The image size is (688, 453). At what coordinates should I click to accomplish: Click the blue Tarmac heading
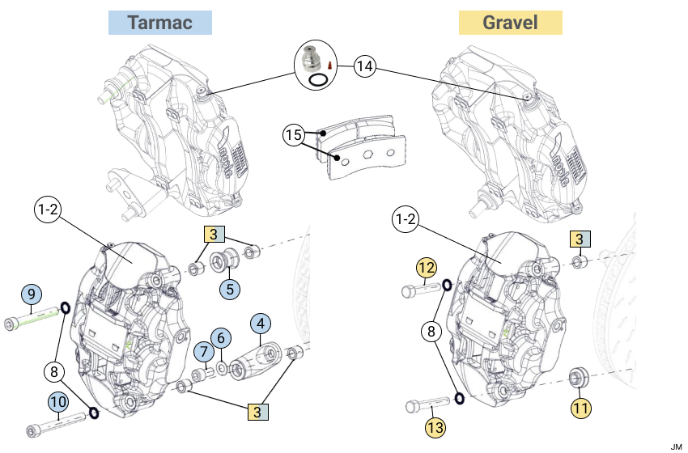[x=160, y=23]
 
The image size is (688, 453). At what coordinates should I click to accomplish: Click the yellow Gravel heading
[x=510, y=23]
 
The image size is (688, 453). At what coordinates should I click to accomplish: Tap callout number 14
[x=365, y=67]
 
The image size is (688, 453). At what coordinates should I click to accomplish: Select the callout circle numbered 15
[x=293, y=135]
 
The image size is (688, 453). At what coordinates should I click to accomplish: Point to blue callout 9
[x=30, y=293]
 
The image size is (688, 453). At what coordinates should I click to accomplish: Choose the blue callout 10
[x=57, y=401]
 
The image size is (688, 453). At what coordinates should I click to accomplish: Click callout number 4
[x=260, y=325]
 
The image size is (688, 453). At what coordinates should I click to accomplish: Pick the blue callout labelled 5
[x=230, y=287]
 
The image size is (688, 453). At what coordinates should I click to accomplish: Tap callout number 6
[x=221, y=339]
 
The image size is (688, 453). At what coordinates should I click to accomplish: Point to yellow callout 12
[x=427, y=268]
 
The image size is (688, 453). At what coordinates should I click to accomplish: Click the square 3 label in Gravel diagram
[x=580, y=238]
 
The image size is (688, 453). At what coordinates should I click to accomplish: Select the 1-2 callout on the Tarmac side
[x=47, y=210]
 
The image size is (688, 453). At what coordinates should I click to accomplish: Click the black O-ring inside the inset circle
[x=319, y=79]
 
